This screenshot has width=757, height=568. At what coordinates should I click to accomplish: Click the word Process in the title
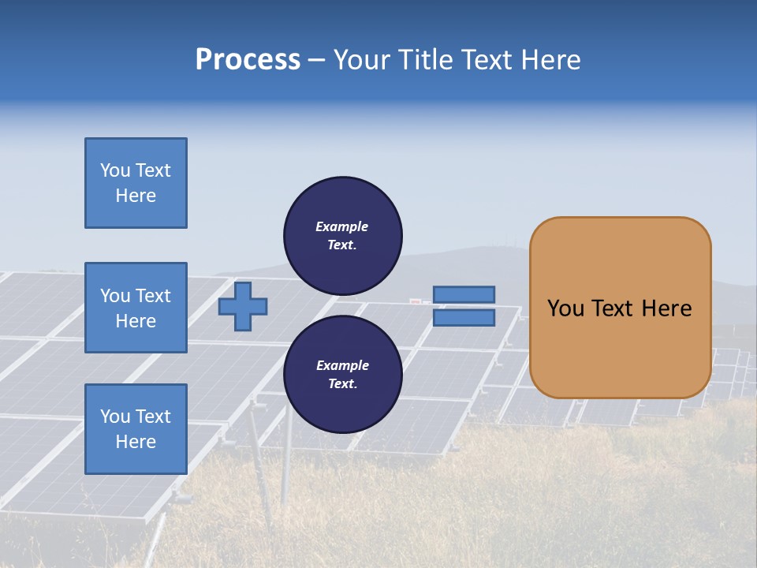pyautogui.click(x=248, y=60)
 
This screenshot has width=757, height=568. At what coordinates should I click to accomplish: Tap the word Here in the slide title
pyautogui.click(x=550, y=60)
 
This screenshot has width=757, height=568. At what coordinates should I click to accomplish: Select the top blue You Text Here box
pyautogui.click(x=136, y=183)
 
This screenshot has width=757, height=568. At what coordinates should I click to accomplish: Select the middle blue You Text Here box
pyautogui.click(x=136, y=308)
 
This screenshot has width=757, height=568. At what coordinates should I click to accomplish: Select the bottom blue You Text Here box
pyautogui.click(x=136, y=429)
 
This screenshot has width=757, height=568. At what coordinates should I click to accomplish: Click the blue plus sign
pyautogui.click(x=243, y=306)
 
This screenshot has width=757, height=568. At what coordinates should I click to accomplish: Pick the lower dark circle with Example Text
pyautogui.click(x=343, y=374)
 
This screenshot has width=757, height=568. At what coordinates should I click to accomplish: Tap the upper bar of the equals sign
pyautogui.click(x=464, y=294)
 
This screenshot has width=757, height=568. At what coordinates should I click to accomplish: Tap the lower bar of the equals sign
pyautogui.click(x=464, y=317)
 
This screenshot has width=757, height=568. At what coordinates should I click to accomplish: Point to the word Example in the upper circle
pyautogui.click(x=342, y=226)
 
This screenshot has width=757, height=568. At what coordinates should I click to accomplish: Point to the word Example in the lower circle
pyautogui.click(x=342, y=365)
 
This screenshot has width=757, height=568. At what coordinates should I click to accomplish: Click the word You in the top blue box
pyautogui.click(x=115, y=170)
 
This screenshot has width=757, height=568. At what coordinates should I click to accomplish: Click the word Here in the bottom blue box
pyautogui.click(x=136, y=442)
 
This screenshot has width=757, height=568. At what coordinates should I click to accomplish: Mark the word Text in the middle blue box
pyautogui.click(x=152, y=296)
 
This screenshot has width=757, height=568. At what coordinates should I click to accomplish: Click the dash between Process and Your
pyautogui.click(x=316, y=61)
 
